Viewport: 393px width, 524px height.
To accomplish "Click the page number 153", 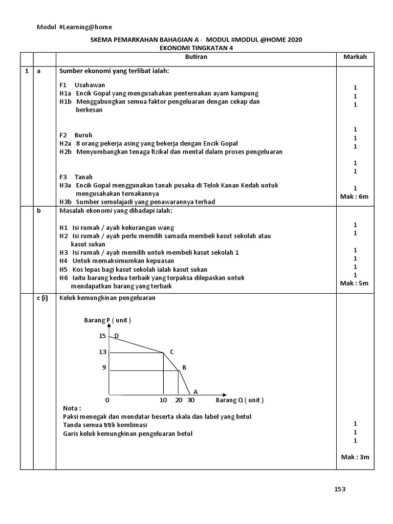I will click(340, 489).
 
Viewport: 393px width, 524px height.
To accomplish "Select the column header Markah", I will click(355, 57).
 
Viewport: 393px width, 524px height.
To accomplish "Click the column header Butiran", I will click(195, 57).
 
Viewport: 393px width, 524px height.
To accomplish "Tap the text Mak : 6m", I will click(355, 196).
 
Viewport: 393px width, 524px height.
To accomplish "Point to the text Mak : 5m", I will click(355, 283).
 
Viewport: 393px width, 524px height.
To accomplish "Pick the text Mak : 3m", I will click(355, 457).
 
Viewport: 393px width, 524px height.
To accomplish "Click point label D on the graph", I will click(117, 336).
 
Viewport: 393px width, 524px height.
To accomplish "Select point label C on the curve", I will click(172, 352).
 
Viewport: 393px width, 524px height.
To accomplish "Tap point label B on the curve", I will click(184, 367).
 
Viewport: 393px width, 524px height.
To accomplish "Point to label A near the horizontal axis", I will click(195, 391).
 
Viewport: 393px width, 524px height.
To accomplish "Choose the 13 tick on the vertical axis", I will click(103, 352).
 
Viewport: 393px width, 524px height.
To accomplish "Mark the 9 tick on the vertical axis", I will click(104, 367).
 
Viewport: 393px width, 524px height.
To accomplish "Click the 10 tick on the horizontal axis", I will click(163, 400).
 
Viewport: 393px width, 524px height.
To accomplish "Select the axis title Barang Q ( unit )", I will click(239, 400).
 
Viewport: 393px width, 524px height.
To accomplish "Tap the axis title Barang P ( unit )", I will click(107, 320).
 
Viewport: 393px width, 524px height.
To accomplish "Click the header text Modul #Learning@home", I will click(74, 27).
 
